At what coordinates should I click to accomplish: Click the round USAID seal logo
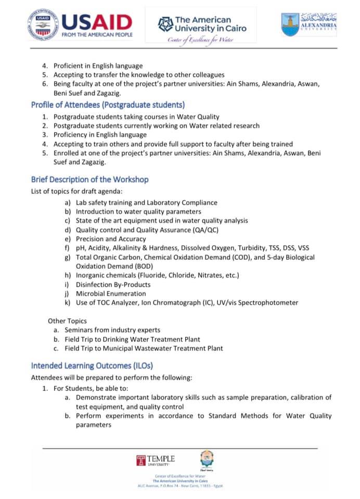coord(43,25)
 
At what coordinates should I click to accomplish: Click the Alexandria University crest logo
coord(290,25)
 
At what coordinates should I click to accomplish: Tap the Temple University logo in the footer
coord(156,460)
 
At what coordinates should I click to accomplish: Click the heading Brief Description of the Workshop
coord(89,179)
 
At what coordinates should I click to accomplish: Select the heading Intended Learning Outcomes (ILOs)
coord(92,365)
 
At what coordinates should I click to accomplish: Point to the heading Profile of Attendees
coord(108,104)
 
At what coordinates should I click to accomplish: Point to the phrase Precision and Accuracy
coord(107,239)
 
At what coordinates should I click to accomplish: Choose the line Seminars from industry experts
coord(112,330)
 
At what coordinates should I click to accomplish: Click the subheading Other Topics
coord(67,321)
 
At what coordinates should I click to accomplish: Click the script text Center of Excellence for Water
coord(201,40)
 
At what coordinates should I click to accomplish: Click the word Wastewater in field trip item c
coord(162,348)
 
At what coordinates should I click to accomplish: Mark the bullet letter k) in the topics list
coord(68,303)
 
